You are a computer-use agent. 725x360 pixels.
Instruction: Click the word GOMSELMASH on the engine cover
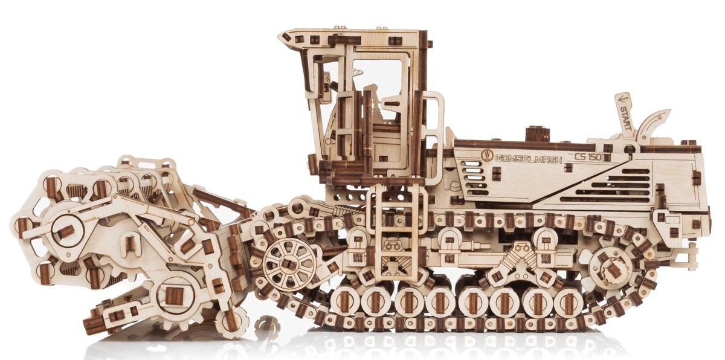[529, 158]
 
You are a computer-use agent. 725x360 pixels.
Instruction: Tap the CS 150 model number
[588, 157]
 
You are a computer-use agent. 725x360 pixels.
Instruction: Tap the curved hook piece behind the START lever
[651, 124]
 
